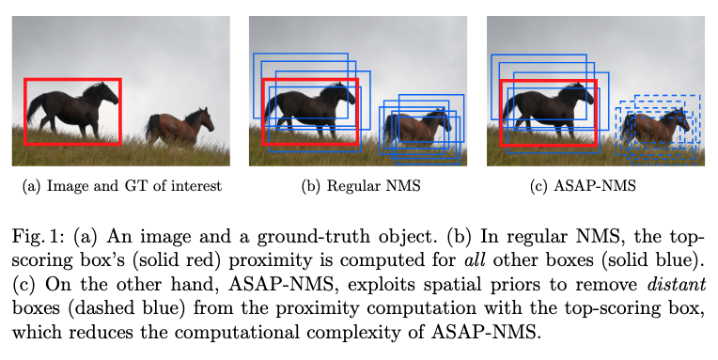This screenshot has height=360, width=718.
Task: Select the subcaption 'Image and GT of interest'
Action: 130,186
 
